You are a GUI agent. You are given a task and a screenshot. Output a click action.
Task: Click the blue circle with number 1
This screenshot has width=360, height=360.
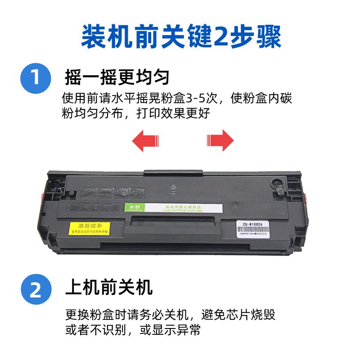36,78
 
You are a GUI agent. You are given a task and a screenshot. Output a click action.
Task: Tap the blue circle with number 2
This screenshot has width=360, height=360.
36,289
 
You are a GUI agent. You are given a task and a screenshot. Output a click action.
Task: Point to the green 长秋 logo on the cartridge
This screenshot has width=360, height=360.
131,207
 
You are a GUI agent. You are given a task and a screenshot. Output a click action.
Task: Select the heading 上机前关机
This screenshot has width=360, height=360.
109,287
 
